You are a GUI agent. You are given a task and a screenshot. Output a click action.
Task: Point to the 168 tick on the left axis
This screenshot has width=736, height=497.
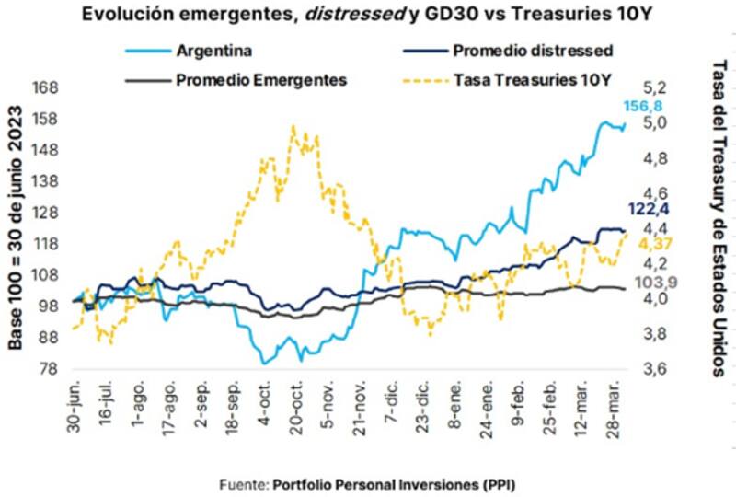[47, 88]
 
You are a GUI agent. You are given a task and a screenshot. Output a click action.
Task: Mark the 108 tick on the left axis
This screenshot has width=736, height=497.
[47, 275]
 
